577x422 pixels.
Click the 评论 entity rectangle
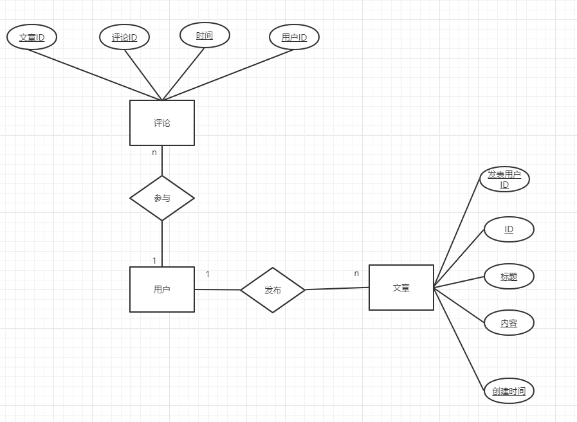[x=162, y=123]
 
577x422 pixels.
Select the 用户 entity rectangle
[x=162, y=289]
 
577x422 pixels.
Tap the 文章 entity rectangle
[x=401, y=288]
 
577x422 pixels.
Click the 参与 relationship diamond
[x=162, y=198]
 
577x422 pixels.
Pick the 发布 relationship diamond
[x=273, y=290]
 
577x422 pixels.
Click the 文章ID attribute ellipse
[x=32, y=37]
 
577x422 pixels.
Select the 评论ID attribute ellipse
[x=125, y=37]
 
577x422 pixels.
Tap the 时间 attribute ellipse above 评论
[x=205, y=35]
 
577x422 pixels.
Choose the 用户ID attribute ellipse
[x=295, y=37]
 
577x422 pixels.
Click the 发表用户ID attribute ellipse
[x=505, y=179]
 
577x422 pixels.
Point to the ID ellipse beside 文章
[x=509, y=230]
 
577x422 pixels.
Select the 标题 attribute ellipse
[x=509, y=277]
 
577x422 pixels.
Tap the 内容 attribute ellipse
[x=509, y=323]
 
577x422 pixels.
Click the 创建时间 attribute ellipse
[x=509, y=391]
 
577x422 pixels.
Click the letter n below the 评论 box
[x=154, y=153]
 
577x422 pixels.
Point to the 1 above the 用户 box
[x=154, y=261]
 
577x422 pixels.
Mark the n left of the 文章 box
[x=357, y=273]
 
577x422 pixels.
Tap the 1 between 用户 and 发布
[x=207, y=275]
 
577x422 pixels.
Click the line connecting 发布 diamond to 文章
[x=336, y=289]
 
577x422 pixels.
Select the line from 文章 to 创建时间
[x=459, y=339]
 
